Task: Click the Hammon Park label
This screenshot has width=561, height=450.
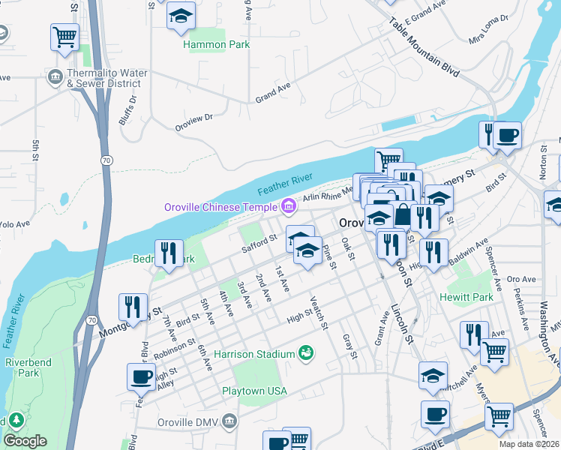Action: [x=217, y=44]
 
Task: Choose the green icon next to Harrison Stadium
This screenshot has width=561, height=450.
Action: [x=305, y=352]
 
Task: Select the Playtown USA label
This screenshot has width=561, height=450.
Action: [x=254, y=391]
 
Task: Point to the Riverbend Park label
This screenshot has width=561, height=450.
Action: [x=22, y=367]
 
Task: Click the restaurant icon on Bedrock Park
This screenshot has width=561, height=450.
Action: [x=169, y=253]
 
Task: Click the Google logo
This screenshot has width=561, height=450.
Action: [x=25, y=441]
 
